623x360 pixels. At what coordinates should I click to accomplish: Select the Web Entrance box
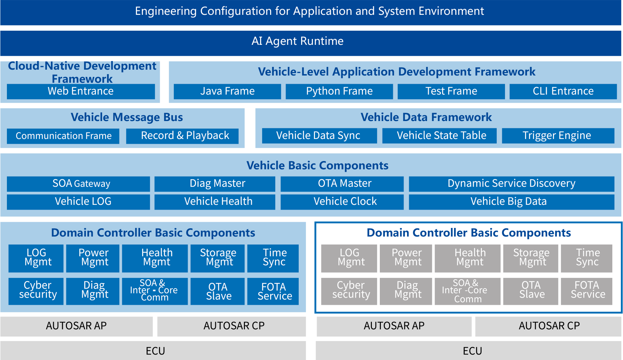click(81, 91)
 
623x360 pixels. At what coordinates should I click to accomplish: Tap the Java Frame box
click(227, 91)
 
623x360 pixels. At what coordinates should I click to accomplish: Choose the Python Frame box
click(339, 91)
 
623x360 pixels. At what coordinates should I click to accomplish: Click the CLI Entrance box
click(563, 91)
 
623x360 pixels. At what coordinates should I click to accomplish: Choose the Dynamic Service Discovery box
click(512, 184)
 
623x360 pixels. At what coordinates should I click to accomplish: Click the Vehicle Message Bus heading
click(127, 118)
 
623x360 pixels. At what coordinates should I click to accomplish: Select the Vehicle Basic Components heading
click(317, 166)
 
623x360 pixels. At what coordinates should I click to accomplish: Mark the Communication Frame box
click(63, 136)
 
